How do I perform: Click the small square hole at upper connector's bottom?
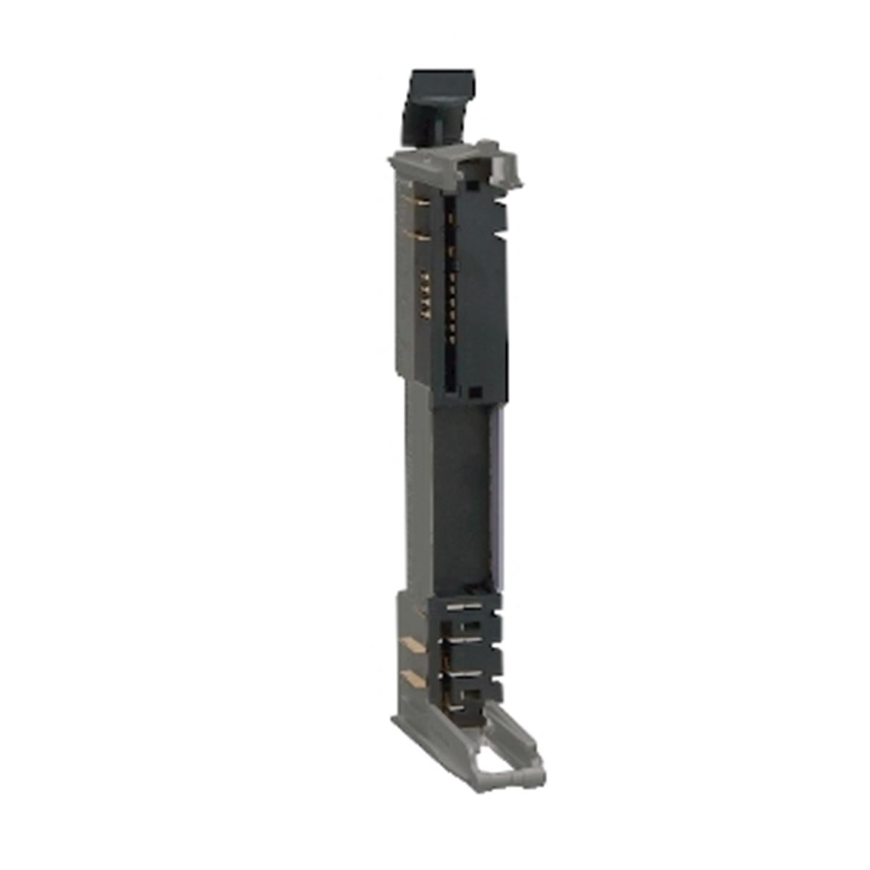pyautogui.click(x=475, y=392)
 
